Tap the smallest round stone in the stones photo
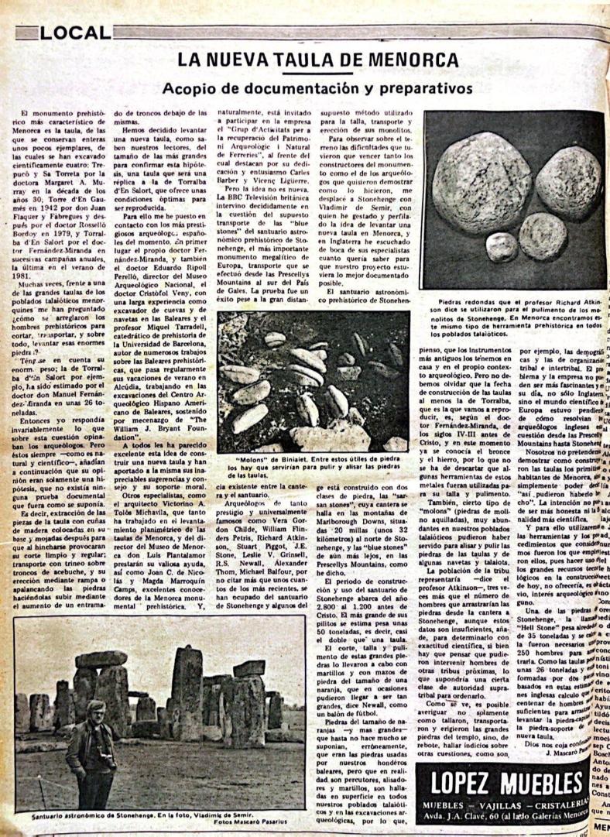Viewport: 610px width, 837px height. (502, 245)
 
